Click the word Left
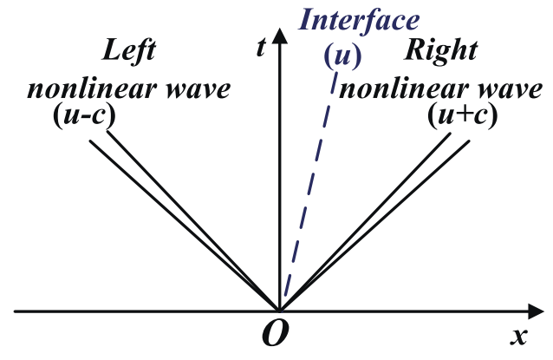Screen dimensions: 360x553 pyautogui.click(x=129, y=51)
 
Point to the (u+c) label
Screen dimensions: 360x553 pyautogui.click(x=463, y=115)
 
